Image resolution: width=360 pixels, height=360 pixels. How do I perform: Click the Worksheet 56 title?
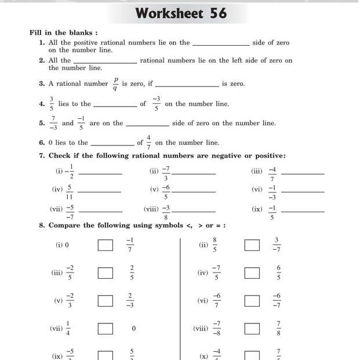(x=181, y=13)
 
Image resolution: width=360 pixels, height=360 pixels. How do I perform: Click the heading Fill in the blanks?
(x=64, y=33)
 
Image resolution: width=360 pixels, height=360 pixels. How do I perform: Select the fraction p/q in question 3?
(x=115, y=84)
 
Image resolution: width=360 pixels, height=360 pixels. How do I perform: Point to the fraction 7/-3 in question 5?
(x=53, y=123)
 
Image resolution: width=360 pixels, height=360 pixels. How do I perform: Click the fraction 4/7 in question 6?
(x=148, y=143)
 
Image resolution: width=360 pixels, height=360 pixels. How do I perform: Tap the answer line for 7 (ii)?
(x=194, y=173)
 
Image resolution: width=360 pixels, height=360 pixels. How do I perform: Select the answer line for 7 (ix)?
(x=302, y=212)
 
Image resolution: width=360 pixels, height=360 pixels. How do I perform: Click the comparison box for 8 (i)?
(x=105, y=245)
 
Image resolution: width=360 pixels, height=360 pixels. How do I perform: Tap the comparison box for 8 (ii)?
(x=252, y=245)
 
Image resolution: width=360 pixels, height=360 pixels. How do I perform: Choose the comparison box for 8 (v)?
(x=105, y=300)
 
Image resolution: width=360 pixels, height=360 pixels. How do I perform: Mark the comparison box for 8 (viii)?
(x=252, y=329)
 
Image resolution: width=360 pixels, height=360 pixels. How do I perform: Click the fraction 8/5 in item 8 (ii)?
(x=214, y=245)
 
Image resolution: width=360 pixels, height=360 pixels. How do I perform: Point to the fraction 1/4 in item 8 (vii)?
(x=68, y=329)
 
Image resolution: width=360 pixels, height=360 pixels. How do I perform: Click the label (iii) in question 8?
(x=57, y=273)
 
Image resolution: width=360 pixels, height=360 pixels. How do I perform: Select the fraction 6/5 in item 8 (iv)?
(x=278, y=272)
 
